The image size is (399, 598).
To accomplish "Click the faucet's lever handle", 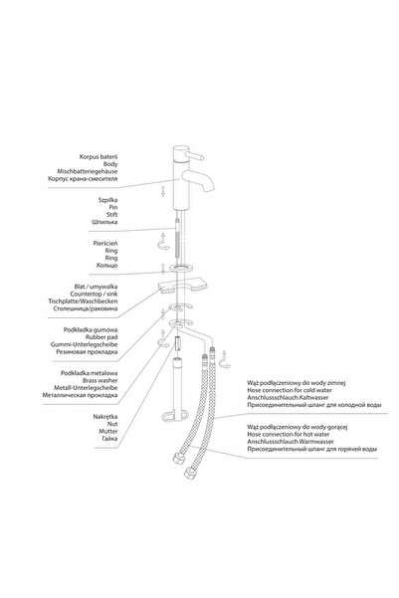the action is (x=195, y=156).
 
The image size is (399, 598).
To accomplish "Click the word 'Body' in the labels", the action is (x=110, y=164).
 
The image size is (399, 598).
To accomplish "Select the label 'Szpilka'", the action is (x=107, y=200).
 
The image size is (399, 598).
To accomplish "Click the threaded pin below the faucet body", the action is (x=177, y=239).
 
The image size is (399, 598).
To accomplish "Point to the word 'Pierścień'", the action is (x=105, y=244).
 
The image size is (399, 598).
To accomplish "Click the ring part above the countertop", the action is (x=181, y=268).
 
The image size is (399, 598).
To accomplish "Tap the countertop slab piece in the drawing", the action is (x=182, y=287).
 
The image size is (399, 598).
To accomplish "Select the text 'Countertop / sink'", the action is (x=94, y=295).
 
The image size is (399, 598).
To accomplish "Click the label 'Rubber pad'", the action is (x=101, y=337).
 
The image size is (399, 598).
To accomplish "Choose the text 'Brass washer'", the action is (x=100, y=381).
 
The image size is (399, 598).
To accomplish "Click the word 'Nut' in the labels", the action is (x=112, y=424).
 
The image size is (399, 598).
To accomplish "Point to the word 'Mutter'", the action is (x=108, y=432).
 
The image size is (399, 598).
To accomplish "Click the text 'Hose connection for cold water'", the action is (x=290, y=390).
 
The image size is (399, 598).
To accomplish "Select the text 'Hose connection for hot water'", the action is (x=289, y=435).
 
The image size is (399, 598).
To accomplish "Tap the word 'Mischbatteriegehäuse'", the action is (x=88, y=171).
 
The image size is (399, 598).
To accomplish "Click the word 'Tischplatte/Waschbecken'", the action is (x=83, y=301).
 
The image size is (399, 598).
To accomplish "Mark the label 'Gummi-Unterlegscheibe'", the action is (x=84, y=344).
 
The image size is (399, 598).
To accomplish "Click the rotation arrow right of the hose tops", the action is (x=225, y=359).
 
